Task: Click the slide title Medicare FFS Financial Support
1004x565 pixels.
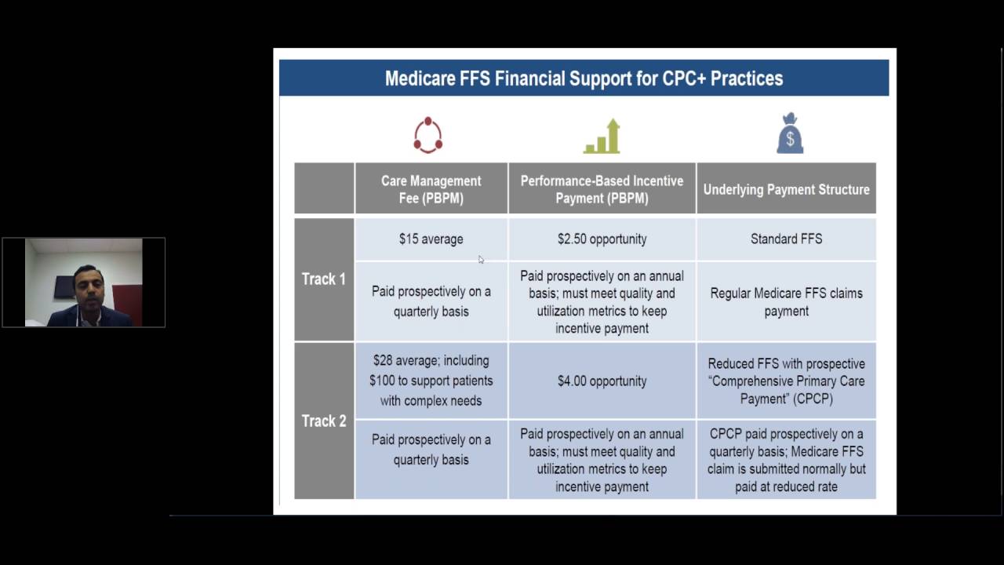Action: pyautogui.click(x=584, y=78)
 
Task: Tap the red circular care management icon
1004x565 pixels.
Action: pyautogui.click(x=428, y=135)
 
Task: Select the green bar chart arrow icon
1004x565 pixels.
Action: pyautogui.click(x=602, y=137)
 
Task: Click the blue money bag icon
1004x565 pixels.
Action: pyautogui.click(x=790, y=134)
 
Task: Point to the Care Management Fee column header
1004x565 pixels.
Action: pyautogui.click(x=431, y=189)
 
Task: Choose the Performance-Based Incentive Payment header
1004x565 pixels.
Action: pyautogui.click(x=602, y=189)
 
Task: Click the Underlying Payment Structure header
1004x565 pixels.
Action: pyautogui.click(x=786, y=189)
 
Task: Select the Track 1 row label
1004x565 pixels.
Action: pyautogui.click(x=324, y=279)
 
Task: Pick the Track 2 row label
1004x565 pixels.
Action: pyautogui.click(x=324, y=421)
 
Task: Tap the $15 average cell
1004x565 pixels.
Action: pyautogui.click(x=431, y=239)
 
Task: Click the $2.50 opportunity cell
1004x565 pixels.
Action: pyautogui.click(x=602, y=239)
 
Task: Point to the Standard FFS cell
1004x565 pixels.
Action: pyautogui.click(x=786, y=239)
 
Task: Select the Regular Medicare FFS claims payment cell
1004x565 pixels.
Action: pyautogui.click(x=786, y=301)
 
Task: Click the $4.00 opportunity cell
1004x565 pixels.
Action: pyautogui.click(x=602, y=381)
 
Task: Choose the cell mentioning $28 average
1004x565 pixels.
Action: pyautogui.click(x=431, y=381)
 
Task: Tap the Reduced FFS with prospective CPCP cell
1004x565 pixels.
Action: pyautogui.click(x=786, y=381)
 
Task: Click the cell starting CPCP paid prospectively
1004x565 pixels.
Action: pyautogui.click(x=786, y=460)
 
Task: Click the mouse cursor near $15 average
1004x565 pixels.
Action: pyautogui.click(x=481, y=260)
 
